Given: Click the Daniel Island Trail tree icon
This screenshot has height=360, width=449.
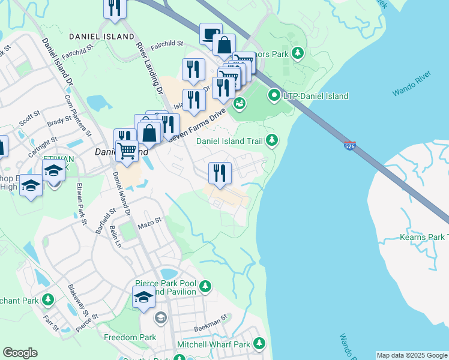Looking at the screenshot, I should (273, 140).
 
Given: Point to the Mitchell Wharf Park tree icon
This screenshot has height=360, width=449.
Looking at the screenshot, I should (259, 344).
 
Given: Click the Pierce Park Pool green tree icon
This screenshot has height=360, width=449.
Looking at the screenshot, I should (205, 286).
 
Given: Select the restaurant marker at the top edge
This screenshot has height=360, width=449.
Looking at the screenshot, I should (114, 8).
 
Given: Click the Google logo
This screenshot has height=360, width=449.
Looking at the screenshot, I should (20, 353).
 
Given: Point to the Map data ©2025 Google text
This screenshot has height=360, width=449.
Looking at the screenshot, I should (412, 355).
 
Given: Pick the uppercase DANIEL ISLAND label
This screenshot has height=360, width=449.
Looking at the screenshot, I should (101, 37).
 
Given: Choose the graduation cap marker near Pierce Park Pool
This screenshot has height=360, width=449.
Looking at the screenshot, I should (143, 296).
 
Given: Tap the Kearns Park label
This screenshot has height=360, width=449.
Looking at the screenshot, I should (424, 238).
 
